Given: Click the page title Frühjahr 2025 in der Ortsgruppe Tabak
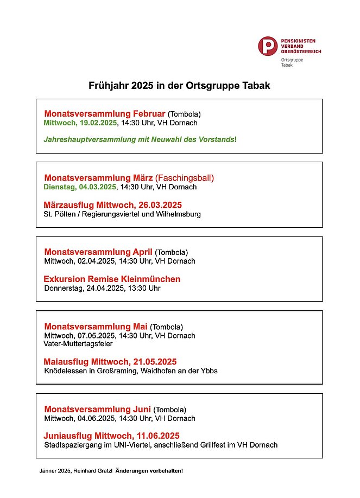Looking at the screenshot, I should tap(179, 86).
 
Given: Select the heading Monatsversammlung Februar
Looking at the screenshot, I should tap(105, 114).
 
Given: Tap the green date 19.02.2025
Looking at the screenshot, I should tap(96, 123).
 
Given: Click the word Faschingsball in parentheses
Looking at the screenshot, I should tap(185, 177).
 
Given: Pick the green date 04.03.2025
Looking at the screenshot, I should tap(98, 187).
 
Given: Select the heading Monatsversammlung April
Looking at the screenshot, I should tap(98, 252).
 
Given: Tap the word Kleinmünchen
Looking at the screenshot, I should tap(151, 279).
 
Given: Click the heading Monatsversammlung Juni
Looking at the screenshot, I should tap(97, 409).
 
